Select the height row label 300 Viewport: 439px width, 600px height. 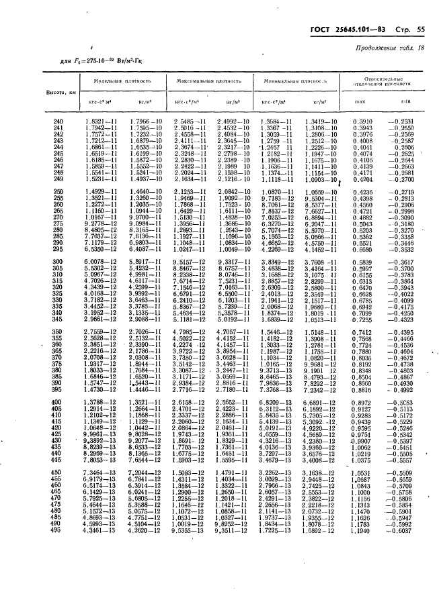pos(58,261)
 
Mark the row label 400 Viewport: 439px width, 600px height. pos(58,401)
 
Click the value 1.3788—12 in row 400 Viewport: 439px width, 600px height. pos(101,401)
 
